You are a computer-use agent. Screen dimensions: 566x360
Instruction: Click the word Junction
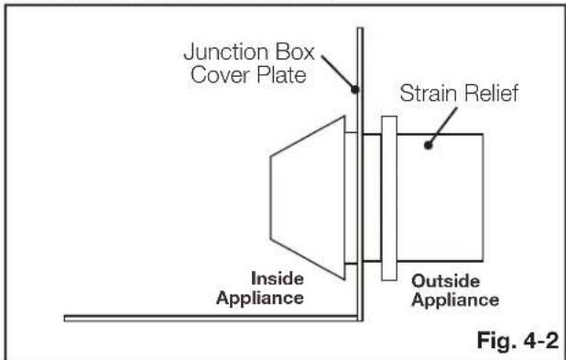227,53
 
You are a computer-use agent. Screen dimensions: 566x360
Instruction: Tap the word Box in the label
295,52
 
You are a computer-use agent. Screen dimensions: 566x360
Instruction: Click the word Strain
430,93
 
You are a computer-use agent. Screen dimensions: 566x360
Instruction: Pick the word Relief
491,93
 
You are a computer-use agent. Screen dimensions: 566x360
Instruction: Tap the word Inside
278,278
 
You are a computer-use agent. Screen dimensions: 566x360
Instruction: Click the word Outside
445,281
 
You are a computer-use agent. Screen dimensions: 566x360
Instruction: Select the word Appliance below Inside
260,299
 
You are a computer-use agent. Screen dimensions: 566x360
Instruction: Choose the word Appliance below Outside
455,300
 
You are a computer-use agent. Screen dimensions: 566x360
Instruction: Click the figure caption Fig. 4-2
517,340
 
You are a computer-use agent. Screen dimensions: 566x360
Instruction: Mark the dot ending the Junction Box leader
355,89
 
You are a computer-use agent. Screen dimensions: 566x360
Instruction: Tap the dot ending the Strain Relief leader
428,145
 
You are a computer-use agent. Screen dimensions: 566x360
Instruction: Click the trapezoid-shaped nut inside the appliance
308,198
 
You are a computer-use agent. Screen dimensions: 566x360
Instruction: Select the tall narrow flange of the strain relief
389,198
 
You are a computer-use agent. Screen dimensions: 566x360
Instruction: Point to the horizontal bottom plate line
211,318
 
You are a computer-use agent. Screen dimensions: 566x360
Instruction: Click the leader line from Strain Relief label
442,126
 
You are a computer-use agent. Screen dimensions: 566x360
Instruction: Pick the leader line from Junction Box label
338,72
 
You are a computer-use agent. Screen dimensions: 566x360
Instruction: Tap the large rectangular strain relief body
440,198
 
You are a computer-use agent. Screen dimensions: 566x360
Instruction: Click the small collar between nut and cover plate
351,198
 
